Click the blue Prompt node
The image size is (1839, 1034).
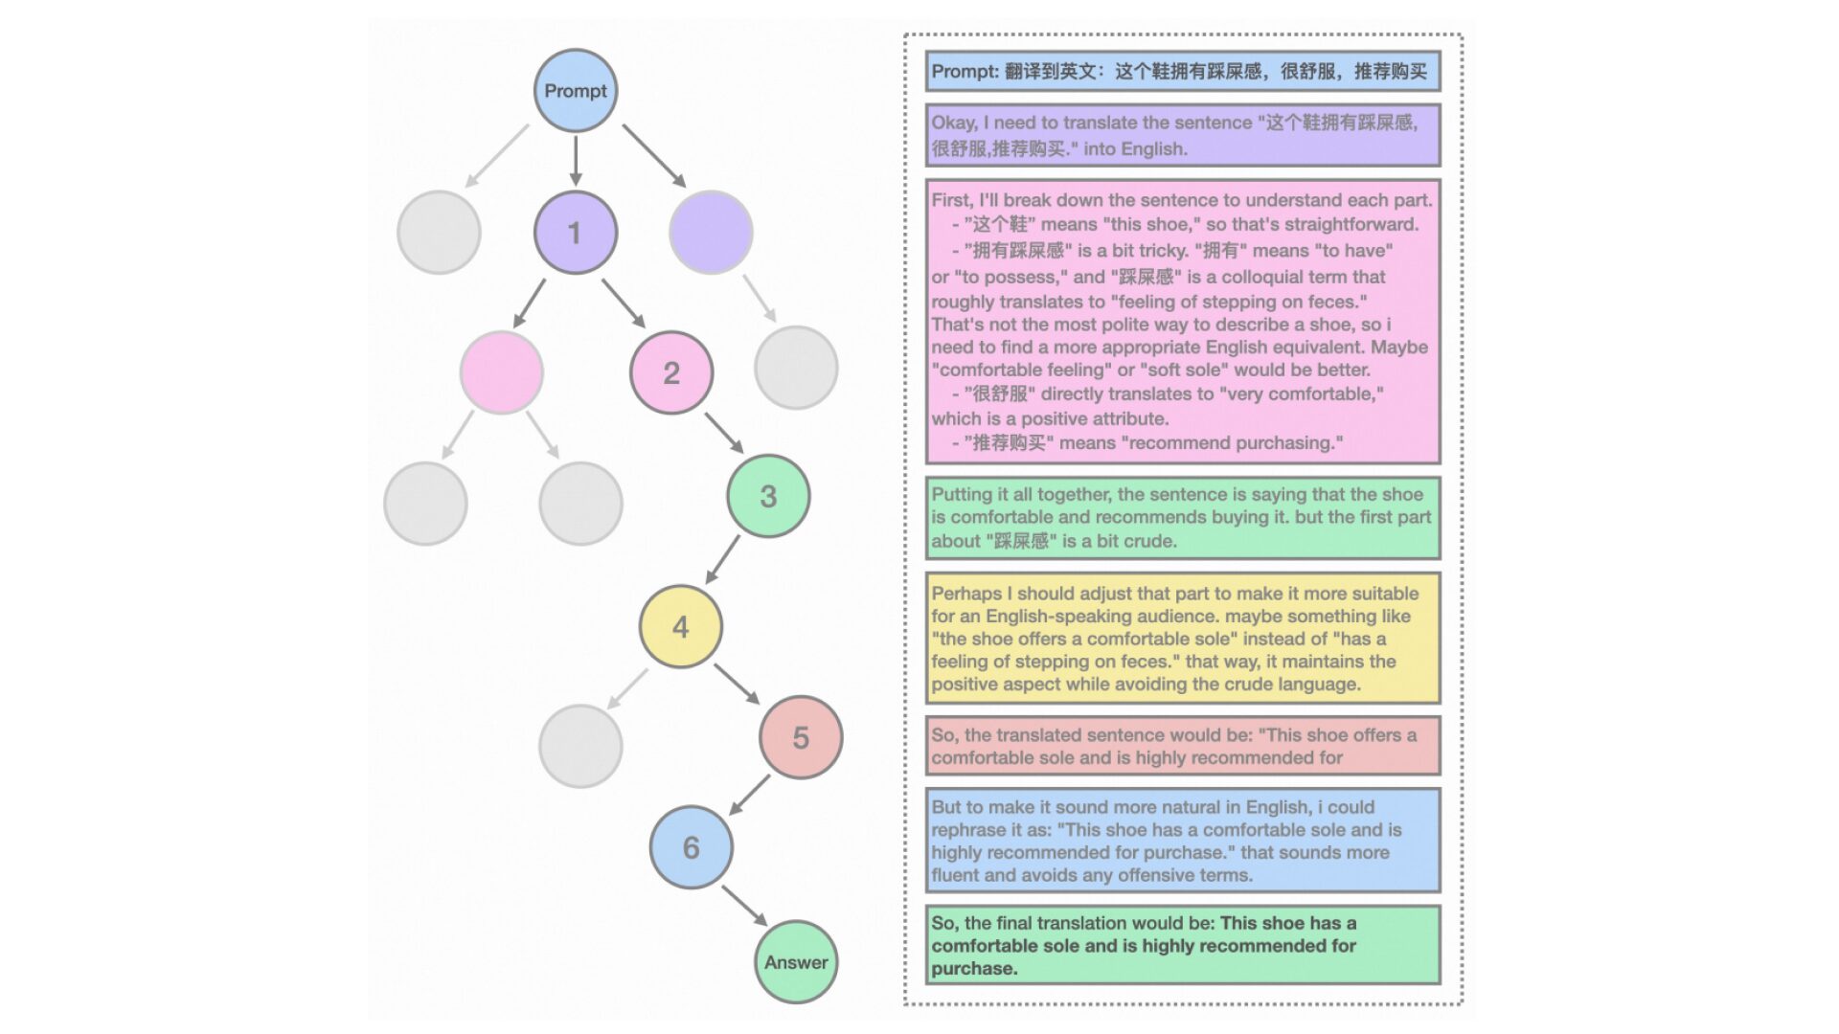pyautogui.click(x=575, y=91)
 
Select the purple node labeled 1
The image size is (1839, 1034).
pyautogui.click(x=575, y=233)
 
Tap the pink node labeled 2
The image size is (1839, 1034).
pyautogui.click(x=671, y=372)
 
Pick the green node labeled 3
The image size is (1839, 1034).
pyautogui.click(x=768, y=496)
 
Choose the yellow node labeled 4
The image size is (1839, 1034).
pyautogui.click(x=680, y=627)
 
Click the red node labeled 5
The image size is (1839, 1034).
pyautogui.click(x=801, y=737)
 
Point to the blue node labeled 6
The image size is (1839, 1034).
pyautogui.click(x=691, y=847)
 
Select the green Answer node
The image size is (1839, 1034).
pyautogui.click(x=796, y=962)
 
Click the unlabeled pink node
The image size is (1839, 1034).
pyautogui.click(x=501, y=372)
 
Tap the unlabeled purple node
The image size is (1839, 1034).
pyautogui.click(x=711, y=233)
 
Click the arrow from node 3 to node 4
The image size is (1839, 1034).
pyautogui.click(x=723, y=559)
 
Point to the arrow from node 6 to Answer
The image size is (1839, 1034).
pyautogui.click(x=744, y=905)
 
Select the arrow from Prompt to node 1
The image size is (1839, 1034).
pyautogui.click(x=575, y=161)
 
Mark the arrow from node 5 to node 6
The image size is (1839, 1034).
pyautogui.click(x=750, y=794)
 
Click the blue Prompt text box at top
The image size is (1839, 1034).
pyautogui.click(x=1182, y=72)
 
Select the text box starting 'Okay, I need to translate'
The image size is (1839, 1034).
pyautogui.click(x=1182, y=135)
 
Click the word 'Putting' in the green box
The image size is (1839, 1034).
pyautogui.click(x=963, y=495)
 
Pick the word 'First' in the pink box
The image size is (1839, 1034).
pyautogui.click(x=950, y=200)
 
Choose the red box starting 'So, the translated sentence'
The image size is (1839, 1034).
pyautogui.click(x=1182, y=746)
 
